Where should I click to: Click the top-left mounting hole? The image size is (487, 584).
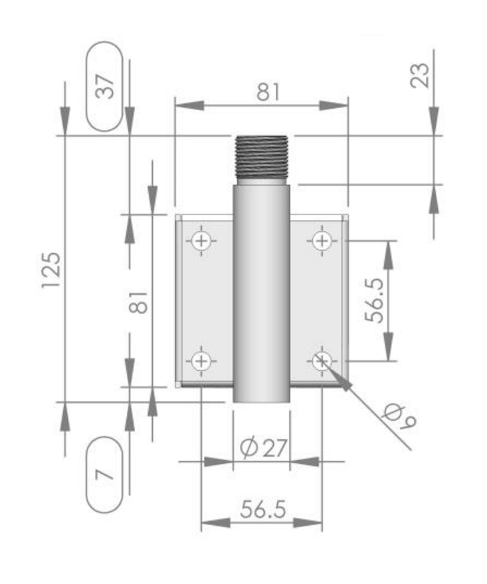point(201,240)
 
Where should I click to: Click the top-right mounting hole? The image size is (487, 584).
point(322,240)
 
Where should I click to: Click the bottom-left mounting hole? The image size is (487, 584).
point(201,361)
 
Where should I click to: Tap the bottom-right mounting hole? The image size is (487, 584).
point(322,361)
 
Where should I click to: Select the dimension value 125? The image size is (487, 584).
point(52,269)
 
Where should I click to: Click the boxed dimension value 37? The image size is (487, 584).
point(104,86)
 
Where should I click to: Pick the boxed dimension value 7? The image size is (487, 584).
point(104,475)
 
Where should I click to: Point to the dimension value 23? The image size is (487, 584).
point(420,75)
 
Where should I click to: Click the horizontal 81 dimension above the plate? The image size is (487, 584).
point(268,92)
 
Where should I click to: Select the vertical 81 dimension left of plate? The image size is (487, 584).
point(139,302)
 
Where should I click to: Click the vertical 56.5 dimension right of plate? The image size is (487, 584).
point(375,300)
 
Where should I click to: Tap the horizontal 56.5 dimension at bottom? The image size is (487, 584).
point(263,509)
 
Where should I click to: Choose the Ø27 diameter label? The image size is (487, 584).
point(263,448)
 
